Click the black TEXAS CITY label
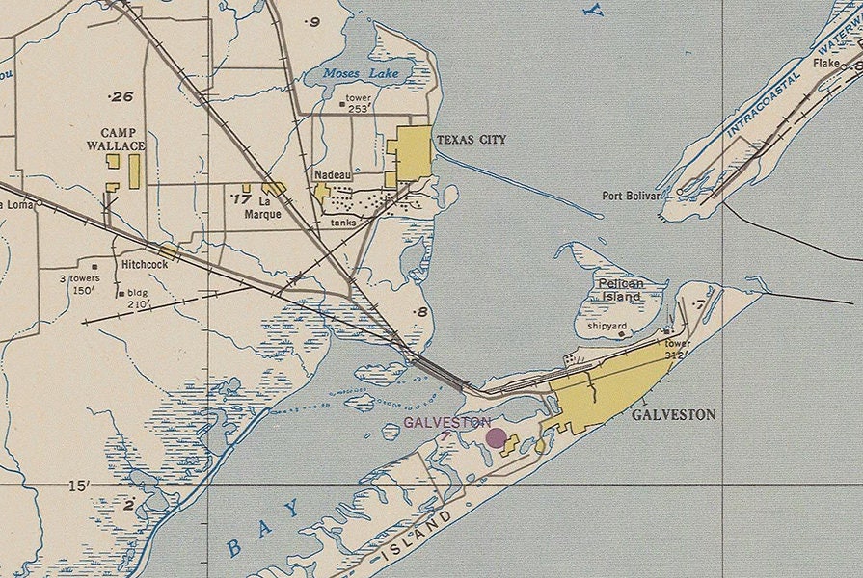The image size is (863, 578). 471,140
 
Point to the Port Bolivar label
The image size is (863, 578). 631,196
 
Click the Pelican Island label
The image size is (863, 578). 620,290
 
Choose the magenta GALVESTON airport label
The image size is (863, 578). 447,422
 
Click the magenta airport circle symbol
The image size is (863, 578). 497,438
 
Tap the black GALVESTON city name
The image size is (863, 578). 673,415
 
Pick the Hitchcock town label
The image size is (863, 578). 146,263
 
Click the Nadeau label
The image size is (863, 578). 333,174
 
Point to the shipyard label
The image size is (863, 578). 607,327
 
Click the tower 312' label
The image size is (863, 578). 678,349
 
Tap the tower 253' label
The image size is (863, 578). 359,104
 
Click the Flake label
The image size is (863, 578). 826,63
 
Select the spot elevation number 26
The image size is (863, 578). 122,96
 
